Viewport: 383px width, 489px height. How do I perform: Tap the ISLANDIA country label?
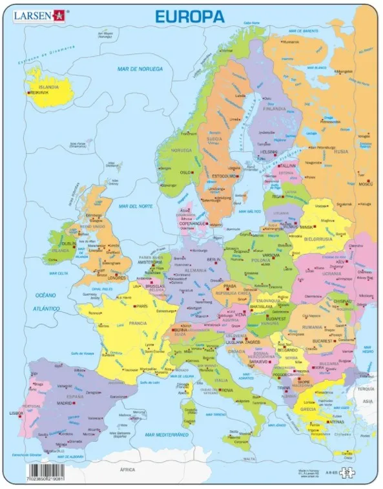tap(48, 86)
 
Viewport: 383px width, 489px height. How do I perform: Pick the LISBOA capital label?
tap(16, 412)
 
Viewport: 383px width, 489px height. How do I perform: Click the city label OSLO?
tap(186, 172)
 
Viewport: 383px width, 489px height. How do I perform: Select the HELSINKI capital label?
tap(267, 152)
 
